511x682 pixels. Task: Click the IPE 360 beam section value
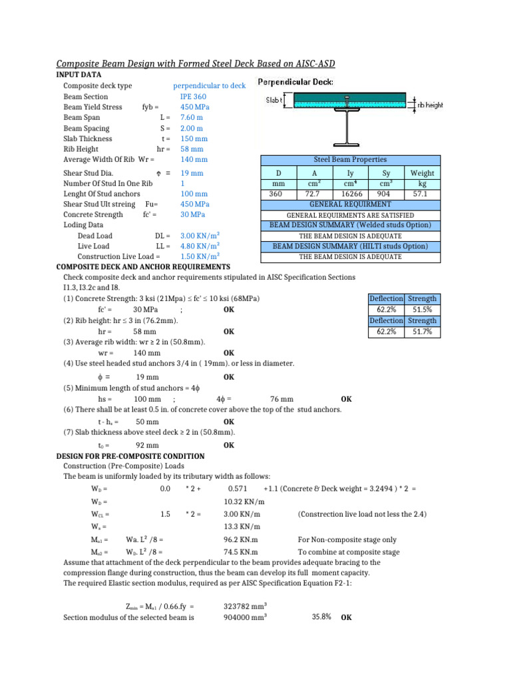pyautogui.click(x=193, y=97)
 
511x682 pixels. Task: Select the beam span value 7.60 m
pyautogui.click(x=192, y=118)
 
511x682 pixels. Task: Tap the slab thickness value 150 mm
pyautogui.click(x=194, y=139)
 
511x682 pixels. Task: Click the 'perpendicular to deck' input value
pyautogui.click(x=209, y=86)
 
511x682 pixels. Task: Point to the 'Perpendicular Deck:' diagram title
pyautogui.click(x=295, y=83)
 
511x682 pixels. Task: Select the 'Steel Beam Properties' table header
pyautogui.click(x=349, y=160)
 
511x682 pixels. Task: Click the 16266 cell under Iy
pyautogui.click(x=350, y=194)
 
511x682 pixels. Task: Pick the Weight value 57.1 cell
pyautogui.click(x=423, y=194)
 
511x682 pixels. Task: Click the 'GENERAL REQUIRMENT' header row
pyautogui.click(x=349, y=204)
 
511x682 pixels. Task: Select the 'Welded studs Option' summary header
pyautogui.click(x=349, y=226)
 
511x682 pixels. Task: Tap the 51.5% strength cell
pyautogui.click(x=423, y=310)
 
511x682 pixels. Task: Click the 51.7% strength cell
pyautogui.click(x=423, y=331)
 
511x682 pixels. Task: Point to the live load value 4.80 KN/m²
pyautogui.click(x=200, y=246)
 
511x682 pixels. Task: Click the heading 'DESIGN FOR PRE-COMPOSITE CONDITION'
pyautogui.click(x=130, y=456)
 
